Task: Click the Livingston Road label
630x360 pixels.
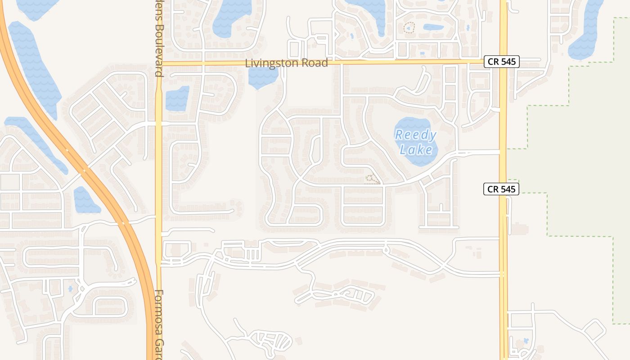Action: point(286,63)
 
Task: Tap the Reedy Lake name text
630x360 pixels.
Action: point(416,142)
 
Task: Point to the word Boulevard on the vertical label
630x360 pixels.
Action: point(158,49)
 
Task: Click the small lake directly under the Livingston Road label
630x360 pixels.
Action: point(263,77)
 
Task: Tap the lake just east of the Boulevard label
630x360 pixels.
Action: point(177,98)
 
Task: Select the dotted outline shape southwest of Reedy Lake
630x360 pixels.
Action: point(372,179)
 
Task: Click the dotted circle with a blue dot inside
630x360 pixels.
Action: point(409,28)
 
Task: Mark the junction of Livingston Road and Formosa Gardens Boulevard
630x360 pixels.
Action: point(158,63)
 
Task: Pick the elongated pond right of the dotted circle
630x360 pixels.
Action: point(433,27)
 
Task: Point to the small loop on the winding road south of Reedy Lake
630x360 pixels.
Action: point(386,247)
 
